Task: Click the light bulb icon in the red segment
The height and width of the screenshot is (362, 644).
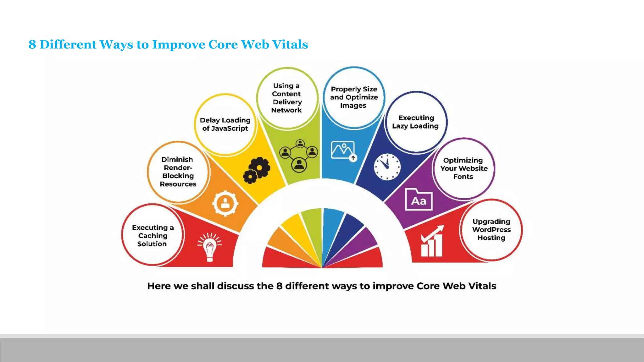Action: click(210, 247)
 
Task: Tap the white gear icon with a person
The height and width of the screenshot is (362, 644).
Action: click(225, 203)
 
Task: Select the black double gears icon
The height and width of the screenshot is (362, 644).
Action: click(257, 170)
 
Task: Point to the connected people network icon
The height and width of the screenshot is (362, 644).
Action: click(299, 156)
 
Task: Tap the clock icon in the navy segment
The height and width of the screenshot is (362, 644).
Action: click(387, 167)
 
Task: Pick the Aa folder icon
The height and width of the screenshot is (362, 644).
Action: click(419, 200)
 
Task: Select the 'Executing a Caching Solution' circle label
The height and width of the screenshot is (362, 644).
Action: click(153, 235)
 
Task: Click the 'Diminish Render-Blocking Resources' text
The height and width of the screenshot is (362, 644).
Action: click(178, 172)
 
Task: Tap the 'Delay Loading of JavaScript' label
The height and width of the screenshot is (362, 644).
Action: click(225, 124)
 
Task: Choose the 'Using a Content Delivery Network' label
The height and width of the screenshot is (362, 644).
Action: click(286, 98)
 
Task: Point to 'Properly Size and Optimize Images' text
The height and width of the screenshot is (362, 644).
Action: click(354, 97)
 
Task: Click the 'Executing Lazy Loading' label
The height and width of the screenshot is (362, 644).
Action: click(415, 122)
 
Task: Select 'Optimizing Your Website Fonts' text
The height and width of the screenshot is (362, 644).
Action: click(464, 168)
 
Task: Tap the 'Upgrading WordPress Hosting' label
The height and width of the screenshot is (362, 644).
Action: click(491, 229)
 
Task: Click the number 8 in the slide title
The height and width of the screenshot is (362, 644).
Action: click(32, 44)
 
